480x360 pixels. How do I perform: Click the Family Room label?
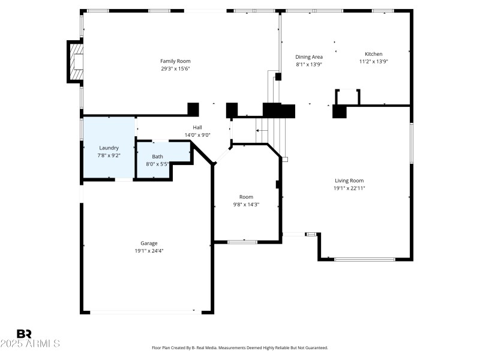tap(175, 61)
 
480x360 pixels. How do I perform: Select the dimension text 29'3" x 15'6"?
tap(175, 68)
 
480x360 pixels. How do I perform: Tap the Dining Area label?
tap(309, 57)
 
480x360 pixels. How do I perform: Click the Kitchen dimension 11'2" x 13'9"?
tap(374, 61)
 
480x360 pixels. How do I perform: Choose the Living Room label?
tap(349, 181)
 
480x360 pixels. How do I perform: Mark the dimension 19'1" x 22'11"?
tap(349, 188)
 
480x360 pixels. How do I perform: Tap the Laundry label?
tap(109, 148)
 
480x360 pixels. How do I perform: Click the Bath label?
tap(157, 157)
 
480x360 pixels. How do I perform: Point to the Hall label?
tap(197, 127)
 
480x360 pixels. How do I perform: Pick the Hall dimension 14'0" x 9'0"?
tap(197, 135)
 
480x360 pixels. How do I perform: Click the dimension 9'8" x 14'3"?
tap(246, 205)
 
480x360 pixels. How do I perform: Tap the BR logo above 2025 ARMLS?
tap(24, 334)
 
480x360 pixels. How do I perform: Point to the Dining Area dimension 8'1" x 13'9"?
tap(309, 64)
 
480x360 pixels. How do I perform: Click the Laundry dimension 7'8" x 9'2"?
tap(109, 155)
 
